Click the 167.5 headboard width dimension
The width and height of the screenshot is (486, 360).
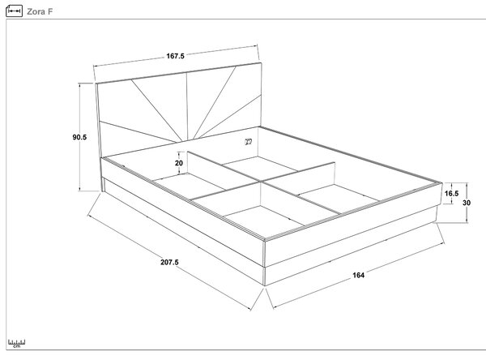click(x=176, y=56)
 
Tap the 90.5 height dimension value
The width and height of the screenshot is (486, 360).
click(x=79, y=137)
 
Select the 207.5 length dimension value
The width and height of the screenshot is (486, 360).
click(x=169, y=262)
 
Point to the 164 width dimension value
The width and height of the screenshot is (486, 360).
click(x=358, y=275)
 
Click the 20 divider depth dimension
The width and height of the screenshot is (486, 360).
click(x=179, y=163)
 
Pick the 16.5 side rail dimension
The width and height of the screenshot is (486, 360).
click(x=452, y=193)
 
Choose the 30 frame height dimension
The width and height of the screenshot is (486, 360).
click(x=467, y=203)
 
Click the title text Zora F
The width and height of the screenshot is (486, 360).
click(x=40, y=12)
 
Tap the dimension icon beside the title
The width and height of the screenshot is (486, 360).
click(x=15, y=11)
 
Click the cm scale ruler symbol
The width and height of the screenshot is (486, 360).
click(x=17, y=344)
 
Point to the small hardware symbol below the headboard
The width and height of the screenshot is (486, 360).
click(x=249, y=142)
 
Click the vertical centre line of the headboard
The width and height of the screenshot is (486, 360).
click(x=187, y=106)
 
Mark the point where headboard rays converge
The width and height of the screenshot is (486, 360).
click(x=186, y=141)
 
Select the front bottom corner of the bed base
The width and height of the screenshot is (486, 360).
click(x=265, y=285)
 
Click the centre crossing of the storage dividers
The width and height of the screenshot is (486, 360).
click(x=260, y=182)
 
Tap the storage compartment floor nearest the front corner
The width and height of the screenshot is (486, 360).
click(x=264, y=220)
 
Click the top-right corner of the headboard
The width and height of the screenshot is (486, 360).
click(x=262, y=63)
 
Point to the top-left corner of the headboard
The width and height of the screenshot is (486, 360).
click(x=96, y=84)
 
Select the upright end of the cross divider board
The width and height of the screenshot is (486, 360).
click(x=335, y=174)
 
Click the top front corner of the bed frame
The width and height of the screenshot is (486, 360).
click(x=265, y=240)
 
